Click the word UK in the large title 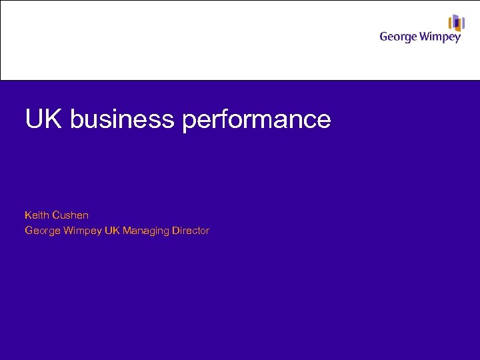point(44,119)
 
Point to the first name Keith point(36,215)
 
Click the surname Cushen point(70,215)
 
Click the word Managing point(146,231)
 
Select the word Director point(191,231)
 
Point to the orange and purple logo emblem point(456,23)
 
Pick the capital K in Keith point(28,215)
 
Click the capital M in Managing point(127,231)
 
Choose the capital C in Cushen point(55,215)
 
